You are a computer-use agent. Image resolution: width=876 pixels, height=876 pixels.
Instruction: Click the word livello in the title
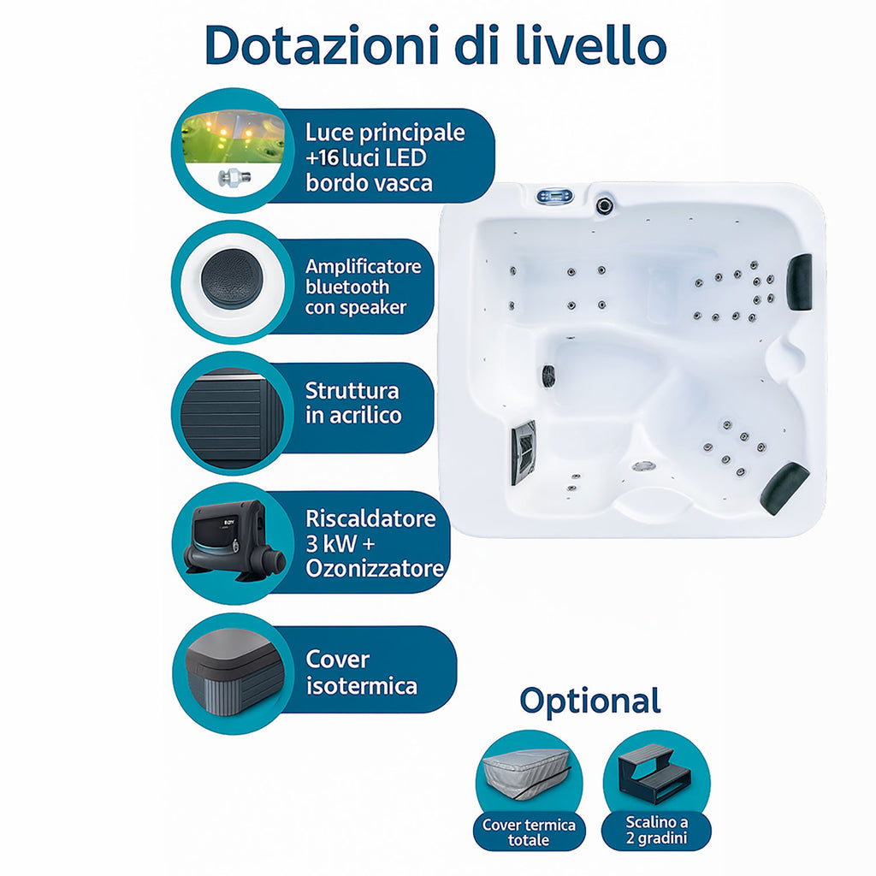[x=591, y=44]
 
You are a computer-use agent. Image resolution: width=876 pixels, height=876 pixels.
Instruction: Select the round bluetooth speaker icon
[x=232, y=279]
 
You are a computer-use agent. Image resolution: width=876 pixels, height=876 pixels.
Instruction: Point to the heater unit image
[x=234, y=542]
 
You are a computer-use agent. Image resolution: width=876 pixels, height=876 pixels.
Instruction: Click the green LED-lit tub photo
[x=234, y=137]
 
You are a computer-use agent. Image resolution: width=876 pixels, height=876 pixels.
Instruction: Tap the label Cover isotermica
[x=362, y=672]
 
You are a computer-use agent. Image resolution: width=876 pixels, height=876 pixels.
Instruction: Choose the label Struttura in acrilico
[x=353, y=403]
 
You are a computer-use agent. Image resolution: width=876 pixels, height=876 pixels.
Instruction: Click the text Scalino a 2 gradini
[x=656, y=830]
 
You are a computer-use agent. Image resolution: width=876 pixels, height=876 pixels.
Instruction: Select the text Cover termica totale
[x=529, y=832]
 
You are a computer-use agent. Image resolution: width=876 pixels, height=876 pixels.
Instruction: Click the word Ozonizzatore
[x=375, y=569]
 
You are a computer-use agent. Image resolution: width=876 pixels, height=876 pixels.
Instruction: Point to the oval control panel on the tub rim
[x=554, y=197]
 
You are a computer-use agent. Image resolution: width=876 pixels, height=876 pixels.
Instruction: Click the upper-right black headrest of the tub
[x=799, y=281]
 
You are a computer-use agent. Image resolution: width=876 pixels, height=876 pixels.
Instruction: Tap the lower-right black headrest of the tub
[x=784, y=488]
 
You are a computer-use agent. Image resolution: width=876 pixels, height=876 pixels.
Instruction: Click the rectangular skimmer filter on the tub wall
[x=524, y=453]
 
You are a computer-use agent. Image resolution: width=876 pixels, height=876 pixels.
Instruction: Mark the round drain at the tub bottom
[x=643, y=466]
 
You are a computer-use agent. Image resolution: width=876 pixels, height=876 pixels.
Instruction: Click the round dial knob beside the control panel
[x=604, y=205]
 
